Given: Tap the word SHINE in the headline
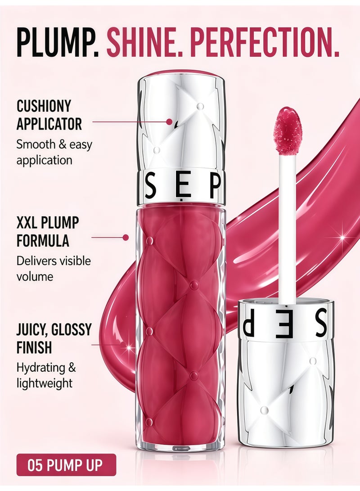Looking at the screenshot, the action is (144, 42).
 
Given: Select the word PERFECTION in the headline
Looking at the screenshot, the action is (265, 42).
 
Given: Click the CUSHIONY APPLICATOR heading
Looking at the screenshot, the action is (49, 115).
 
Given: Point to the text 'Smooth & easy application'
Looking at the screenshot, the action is (54, 153).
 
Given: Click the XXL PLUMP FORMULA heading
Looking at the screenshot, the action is (48, 232).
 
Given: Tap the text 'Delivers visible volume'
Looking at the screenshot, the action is (54, 269).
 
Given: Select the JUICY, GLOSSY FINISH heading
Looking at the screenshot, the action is (54, 338).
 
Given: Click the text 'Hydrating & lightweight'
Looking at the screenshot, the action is (46, 375).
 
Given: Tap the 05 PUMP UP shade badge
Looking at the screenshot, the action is (66, 465).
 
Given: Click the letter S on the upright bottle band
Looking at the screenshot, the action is (151, 187).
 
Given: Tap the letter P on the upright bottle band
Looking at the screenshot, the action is (215, 187).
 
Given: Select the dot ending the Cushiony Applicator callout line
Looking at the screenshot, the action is (169, 122).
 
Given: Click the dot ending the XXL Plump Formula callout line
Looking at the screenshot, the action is (126, 238).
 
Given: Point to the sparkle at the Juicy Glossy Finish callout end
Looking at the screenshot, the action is (128, 347).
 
